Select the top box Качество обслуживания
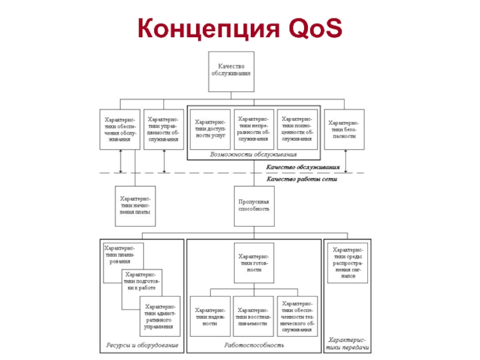pyautogui.click(x=230, y=71)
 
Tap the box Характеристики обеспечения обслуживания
pyautogui.click(x=121, y=129)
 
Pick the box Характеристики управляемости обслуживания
pyautogui.click(x=163, y=129)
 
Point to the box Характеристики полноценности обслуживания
pyautogui.click(x=298, y=129)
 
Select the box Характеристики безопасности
pyautogui.click(x=344, y=129)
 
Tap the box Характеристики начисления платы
pyautogui.click(x=135, y=205)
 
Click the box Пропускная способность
pyautogui.click(x=254, y=205)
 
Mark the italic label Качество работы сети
pyautogui.click(x=302, y=179)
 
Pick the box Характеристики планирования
pyautogui.click(x=120, y=255)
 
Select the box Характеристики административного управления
pyautogui.click(x=162, y=317)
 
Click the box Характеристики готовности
pyautogui.click(x=254, y=262)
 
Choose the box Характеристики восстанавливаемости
pyautogui.click(x=253, y=317)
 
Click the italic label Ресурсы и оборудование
pyautogui.click(x=143, y=346)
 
